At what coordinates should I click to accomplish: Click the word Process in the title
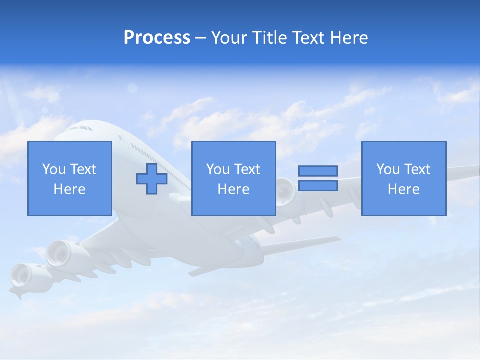point(157,38)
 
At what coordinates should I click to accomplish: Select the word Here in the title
point(349,38)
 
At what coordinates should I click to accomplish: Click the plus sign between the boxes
point(152,178)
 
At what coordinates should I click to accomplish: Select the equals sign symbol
point(318,178)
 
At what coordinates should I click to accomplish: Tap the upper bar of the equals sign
point(318,171)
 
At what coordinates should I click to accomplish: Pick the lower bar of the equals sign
point(318,185)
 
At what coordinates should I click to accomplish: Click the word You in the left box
point(54,169)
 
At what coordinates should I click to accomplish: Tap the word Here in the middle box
point(234,189)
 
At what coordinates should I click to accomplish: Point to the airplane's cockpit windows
point(80,128)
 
